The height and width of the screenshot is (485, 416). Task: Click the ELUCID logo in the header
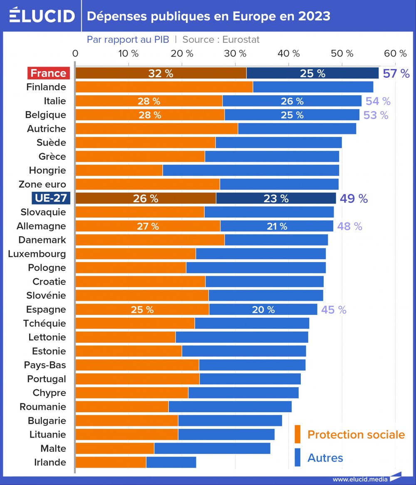(x=42, y=16)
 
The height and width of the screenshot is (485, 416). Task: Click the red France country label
(x=48, y=73)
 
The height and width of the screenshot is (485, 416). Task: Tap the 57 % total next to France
(x=396, y=74)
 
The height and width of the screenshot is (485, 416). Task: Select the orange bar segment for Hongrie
(x=119, y=170)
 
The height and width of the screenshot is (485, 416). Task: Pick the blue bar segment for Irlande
(x=171, y=462)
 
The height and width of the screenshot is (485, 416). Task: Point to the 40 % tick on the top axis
(x=289, y=53)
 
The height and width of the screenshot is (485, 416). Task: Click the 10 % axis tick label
(x=129, y=53)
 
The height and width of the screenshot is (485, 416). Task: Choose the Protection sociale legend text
(x=356, y=435)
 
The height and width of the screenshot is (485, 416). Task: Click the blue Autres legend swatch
(x=297, y=457)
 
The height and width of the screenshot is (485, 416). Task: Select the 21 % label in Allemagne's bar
(x=277, y=226)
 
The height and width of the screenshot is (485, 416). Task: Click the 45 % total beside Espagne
(x=334, y=310)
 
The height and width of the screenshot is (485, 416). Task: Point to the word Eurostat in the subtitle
(x=241, y=40)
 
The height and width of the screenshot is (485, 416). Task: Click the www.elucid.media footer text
(x=360, y=479)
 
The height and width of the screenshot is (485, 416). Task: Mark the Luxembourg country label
(x=37, y=254)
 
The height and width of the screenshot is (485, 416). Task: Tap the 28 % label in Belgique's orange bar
(x=150, y=115)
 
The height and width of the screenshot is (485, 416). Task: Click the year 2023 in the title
(x=314, y=16)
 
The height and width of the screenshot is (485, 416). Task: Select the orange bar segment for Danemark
(x=150, y=240)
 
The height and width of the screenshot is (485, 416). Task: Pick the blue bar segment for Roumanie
(x=230, y=407)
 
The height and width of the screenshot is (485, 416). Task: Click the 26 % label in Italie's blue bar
(x=292, y=101)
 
